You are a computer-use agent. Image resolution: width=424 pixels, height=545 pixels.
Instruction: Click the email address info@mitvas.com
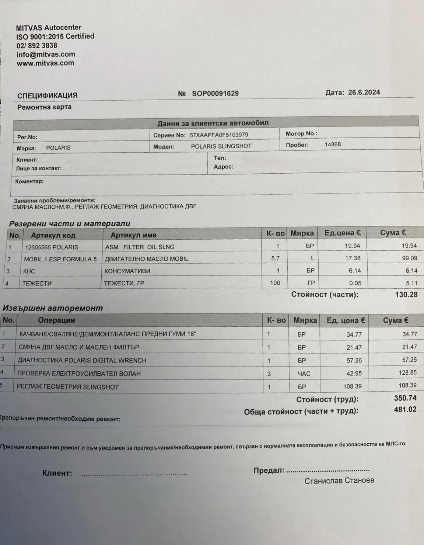click(46, 55)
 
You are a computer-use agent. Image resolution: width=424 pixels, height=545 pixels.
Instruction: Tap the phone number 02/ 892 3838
click(36, 46)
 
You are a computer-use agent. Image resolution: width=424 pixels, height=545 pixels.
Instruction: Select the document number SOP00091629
click(215, 94)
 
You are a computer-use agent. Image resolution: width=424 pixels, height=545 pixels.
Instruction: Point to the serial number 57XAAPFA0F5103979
click(219, 135)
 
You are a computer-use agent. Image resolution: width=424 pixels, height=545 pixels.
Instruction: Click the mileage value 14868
click(333, 145)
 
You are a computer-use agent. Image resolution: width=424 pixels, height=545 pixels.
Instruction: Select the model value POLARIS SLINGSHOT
click(221, 146)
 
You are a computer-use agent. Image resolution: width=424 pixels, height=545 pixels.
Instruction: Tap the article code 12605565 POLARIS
click(51, 247)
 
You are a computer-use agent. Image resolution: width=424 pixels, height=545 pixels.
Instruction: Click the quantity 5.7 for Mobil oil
click(275, 258)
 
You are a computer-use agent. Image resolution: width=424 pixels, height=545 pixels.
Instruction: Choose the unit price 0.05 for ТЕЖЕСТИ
click(355, 283)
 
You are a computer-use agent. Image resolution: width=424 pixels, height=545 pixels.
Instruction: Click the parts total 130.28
click(406, 295)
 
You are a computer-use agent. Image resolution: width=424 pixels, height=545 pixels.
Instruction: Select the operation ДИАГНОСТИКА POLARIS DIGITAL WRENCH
click(82, 360)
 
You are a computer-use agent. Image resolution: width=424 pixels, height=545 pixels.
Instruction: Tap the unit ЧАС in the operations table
click(304, 374)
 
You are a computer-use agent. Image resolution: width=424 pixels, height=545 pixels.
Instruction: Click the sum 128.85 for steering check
click(407, 373)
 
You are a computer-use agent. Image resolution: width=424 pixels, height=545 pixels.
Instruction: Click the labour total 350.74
click(405, 398)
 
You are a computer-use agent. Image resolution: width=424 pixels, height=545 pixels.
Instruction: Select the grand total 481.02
click(405, 409)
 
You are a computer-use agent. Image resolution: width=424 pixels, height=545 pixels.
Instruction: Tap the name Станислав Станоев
click(339, 480)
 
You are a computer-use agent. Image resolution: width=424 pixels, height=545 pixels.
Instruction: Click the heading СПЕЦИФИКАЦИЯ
click(48, 96)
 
